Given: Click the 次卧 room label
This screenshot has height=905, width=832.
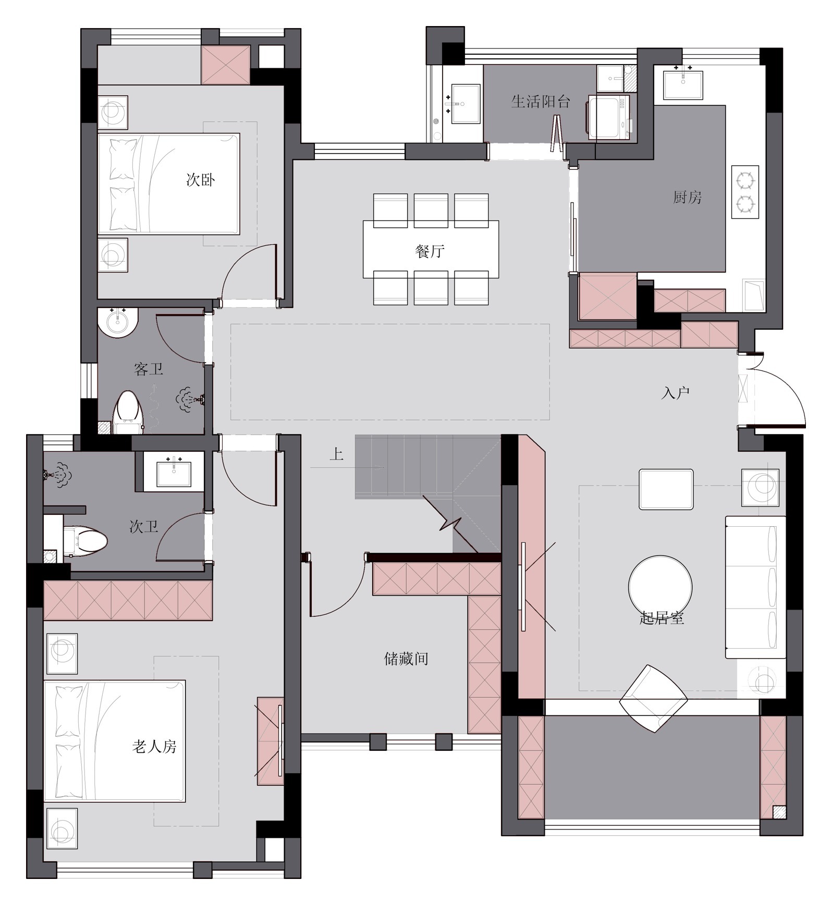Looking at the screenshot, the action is [x=201, y=180].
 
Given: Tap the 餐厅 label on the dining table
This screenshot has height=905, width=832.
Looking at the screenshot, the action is [x=430, y=252].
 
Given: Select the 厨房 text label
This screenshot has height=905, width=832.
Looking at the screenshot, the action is [x=687, y=197].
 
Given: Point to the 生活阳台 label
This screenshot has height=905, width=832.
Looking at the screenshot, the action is [x=541, y=101].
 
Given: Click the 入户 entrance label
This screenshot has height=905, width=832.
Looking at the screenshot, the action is [x=675, y=393].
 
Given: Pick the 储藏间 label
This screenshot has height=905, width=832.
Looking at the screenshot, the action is [x=406, y=659].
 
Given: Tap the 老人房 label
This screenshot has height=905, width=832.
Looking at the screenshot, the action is [x=154, y=747].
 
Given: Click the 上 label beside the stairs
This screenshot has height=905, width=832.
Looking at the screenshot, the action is [x=337, y=454].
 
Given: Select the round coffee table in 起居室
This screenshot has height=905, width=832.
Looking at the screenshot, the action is [x=660, y=587].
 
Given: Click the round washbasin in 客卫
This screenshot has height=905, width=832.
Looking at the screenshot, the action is [x=117, y=322].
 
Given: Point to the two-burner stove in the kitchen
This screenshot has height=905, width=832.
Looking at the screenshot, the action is [x=745, y=192].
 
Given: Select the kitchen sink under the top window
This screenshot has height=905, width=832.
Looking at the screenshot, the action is [x=683, y=85].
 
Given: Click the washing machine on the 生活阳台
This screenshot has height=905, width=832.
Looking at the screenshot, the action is [x=608, y=117].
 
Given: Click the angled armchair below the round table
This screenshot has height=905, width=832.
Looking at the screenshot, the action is [x=653, y=698].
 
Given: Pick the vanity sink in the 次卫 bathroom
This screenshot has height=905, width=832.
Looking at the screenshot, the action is [x=174, y=472].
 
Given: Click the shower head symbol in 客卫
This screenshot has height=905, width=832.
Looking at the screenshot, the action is [x=189, y=400].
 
